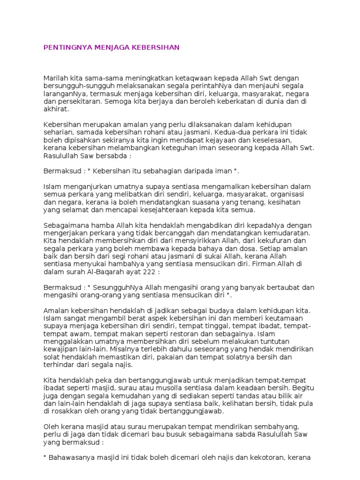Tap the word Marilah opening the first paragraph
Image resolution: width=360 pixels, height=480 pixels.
pos(56,77)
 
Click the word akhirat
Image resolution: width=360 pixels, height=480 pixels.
pos(56,109)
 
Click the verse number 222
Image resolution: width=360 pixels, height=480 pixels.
pos(153,271)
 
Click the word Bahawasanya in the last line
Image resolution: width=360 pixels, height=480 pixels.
pos(71,457)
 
